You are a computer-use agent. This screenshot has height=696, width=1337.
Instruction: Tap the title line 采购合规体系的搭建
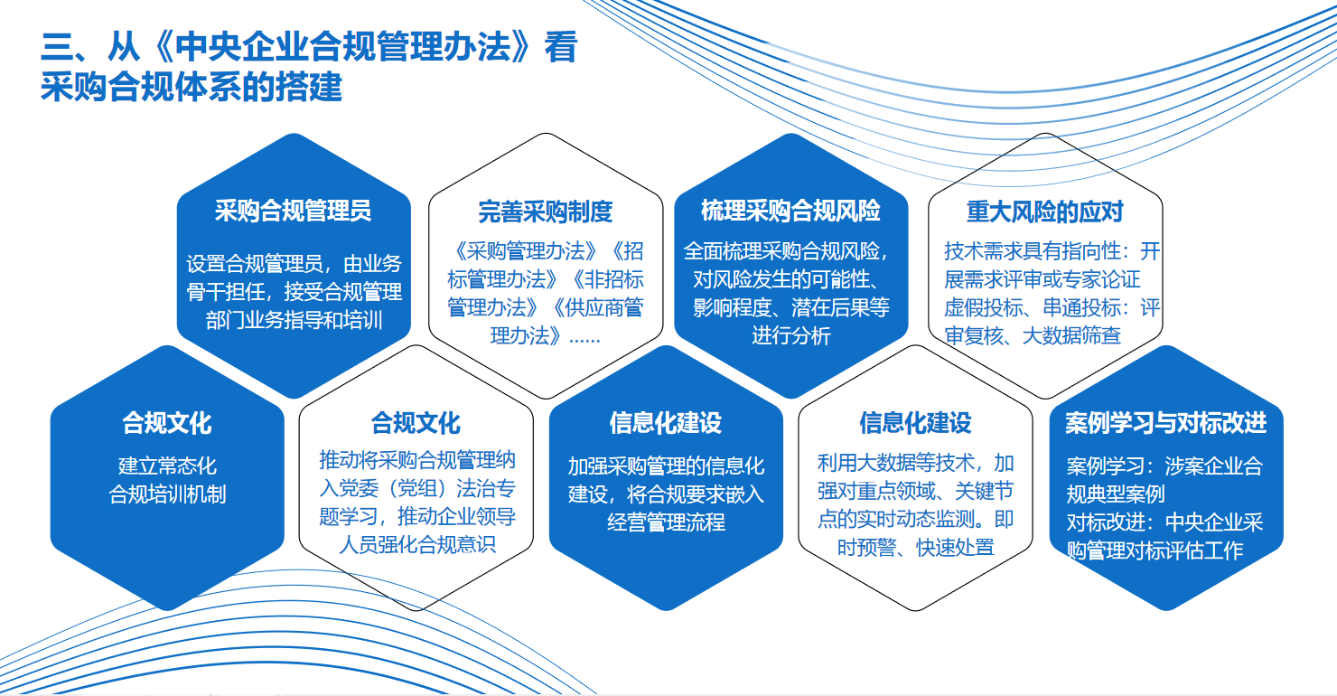coord(192,87)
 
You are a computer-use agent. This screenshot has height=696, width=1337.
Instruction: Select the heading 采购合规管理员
coord(293,211)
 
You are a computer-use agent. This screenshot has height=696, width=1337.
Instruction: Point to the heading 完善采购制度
coord(545,212)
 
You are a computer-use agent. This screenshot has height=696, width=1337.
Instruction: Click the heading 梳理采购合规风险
coord(790,211)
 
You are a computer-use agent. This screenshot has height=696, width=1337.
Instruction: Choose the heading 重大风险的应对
coord(1044,212)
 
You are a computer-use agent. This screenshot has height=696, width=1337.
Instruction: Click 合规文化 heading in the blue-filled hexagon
coord(166,423)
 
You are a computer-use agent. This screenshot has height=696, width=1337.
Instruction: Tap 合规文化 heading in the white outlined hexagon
coord(416,423)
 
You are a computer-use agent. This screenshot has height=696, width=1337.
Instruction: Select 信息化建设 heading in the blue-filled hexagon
coord(666,423)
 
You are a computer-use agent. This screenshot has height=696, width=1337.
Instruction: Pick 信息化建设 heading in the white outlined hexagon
coord(915,423)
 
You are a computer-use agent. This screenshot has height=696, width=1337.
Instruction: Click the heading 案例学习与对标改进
coord(1165,423)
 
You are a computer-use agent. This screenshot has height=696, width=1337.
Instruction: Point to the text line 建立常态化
coord(167,466)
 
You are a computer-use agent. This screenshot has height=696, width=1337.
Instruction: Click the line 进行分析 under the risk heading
coord(790,335)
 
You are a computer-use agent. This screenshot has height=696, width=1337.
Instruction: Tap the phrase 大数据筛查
coord(1071,335)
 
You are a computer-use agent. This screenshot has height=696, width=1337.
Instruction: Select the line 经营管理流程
coord(666,522)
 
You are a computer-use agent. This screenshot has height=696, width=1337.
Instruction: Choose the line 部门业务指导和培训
coord(294,320)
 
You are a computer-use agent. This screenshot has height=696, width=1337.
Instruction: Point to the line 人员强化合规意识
coord(417,544)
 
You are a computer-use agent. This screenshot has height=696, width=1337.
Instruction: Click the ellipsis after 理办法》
coord(584,339)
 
